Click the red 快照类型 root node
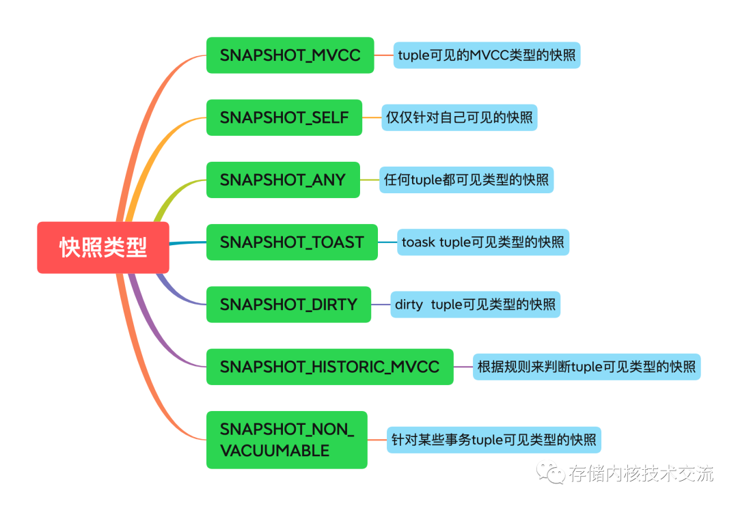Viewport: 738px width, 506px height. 103,247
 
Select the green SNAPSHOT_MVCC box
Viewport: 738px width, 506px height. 290,55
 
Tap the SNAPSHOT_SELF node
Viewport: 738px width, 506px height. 284,117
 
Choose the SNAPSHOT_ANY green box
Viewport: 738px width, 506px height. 283,180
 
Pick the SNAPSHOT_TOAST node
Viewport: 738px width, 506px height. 292,242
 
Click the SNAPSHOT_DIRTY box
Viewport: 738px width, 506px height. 288,305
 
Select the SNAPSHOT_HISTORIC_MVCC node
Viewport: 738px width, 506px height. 329,367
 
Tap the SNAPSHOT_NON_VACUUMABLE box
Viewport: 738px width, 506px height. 286,440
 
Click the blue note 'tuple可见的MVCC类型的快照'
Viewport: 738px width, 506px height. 487,55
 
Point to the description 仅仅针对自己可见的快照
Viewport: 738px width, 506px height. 459,117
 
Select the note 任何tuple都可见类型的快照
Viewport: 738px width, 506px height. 466,180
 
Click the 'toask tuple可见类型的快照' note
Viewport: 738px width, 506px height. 482,242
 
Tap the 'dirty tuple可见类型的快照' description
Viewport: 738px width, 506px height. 475,305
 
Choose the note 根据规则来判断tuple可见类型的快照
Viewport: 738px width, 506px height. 586,367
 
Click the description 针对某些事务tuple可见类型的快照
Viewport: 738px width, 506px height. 493,440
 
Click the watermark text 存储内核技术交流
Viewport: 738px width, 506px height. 640,473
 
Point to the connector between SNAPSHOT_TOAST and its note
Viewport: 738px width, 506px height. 387,242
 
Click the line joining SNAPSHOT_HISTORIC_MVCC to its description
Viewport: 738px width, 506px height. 463,367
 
